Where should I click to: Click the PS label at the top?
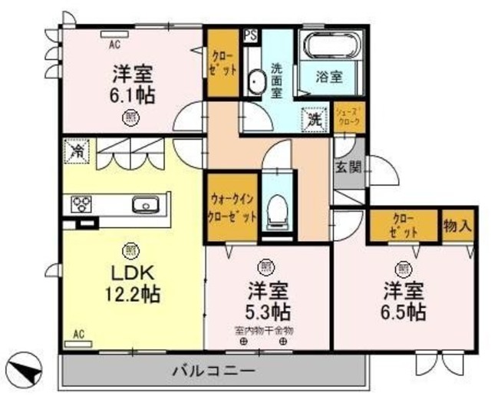249,35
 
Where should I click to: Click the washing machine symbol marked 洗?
315,119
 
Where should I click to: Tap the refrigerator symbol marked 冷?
77,150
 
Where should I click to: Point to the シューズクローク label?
348,116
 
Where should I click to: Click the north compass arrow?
28,369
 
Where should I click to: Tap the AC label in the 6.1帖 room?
113,44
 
